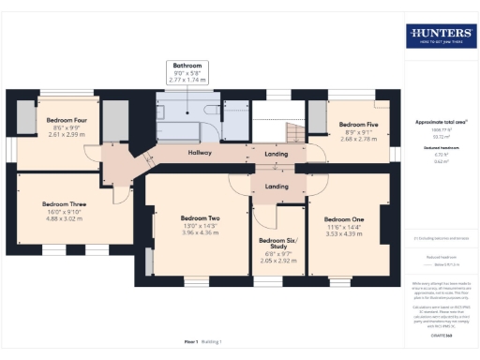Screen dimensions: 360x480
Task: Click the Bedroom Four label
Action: coord(67,120)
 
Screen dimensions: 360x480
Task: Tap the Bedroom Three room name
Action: coord(64,202)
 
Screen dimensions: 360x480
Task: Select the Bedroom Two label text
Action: coord(200,217)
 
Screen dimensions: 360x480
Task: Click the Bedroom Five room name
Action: coord(358,124)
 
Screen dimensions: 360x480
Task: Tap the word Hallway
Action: coord(200,153)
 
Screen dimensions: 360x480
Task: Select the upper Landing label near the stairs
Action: coord(277,153)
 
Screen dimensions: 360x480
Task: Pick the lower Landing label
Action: coord(277,187)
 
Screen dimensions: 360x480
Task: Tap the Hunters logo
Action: coord(439,37)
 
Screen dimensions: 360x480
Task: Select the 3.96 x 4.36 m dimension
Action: coord(200,232)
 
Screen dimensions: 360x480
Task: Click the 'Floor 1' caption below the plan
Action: coord(190,342)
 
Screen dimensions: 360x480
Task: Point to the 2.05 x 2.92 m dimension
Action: coord(277,261)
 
